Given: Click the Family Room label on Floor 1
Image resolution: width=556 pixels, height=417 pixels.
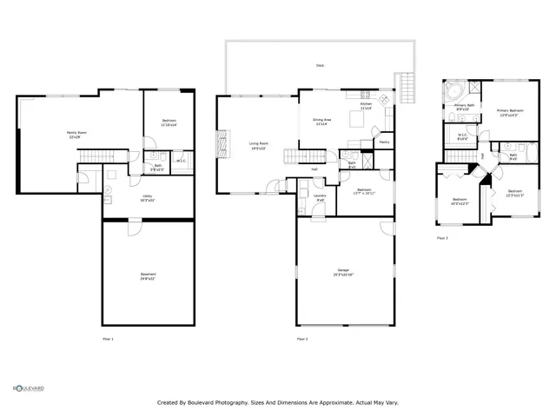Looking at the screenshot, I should pyautogui.click(x=76, y=135).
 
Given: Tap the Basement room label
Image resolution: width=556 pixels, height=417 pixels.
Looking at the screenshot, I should pyautogui.click(x=148, y=277).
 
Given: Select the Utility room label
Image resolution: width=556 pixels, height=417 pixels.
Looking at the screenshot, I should pyautogui.click(x=148, y=197).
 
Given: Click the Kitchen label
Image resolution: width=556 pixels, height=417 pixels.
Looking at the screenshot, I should pyautogui.click(x=367, y=106).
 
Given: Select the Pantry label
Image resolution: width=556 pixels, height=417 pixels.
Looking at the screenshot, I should pyautogui.click(x=384, y=142).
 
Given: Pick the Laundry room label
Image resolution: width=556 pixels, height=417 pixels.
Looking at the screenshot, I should pyautogui.click(x=320, y=198).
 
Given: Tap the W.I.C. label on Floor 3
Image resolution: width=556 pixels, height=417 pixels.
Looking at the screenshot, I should pyautogui.click(x=462, y=136).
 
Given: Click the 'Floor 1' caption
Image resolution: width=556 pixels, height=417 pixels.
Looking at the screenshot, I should pyautogui.click(x=108, y=339).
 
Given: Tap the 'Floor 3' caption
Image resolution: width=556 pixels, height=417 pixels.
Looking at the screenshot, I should pyautogui.click(x=442, y=237).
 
